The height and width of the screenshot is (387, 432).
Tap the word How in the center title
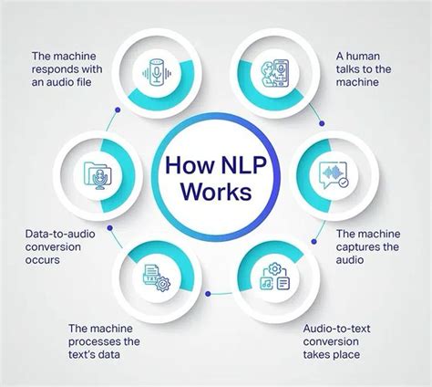tap(190, 169)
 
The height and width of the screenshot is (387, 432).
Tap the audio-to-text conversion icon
tap(273, 277)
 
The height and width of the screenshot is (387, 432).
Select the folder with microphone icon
tap(98, 173)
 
